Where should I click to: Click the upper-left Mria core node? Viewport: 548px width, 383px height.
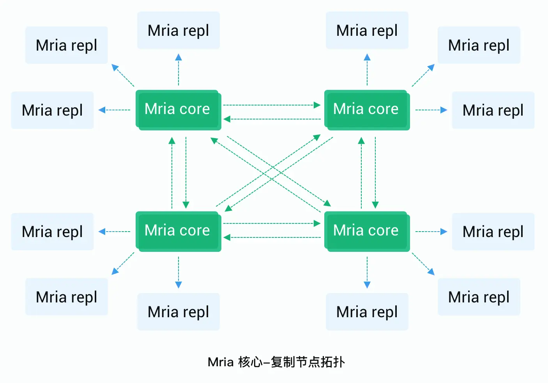coord(178,109)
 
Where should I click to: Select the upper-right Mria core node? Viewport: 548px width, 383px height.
coord(367,109)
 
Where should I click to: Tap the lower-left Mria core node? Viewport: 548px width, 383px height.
coord(178,231)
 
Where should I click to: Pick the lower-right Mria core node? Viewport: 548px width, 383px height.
coord(367,231)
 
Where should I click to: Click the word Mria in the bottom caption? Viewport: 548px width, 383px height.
coord(221,362)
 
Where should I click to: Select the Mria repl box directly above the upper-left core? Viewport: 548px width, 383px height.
coord(179,30)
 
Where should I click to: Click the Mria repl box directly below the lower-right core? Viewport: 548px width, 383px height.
coord(367,312)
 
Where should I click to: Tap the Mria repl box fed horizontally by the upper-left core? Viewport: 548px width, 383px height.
coord(52,110)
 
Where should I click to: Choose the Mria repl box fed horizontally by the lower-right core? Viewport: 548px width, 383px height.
coord(493,232)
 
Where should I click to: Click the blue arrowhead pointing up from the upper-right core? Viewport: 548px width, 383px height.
coord(367,57)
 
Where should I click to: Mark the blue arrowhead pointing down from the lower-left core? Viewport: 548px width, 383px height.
coord(179,285)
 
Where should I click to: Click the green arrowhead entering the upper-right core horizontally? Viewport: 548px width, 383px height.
coord(317,105)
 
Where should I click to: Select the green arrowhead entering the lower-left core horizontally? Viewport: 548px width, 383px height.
coord(227,237)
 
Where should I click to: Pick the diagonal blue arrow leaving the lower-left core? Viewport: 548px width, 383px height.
coord(123,263)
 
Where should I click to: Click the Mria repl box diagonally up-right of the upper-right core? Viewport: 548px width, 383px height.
coord(479,45)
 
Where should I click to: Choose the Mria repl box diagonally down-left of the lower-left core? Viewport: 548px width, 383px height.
coord(66,297)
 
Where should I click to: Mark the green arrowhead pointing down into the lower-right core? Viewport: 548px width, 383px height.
coord(375,205)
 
